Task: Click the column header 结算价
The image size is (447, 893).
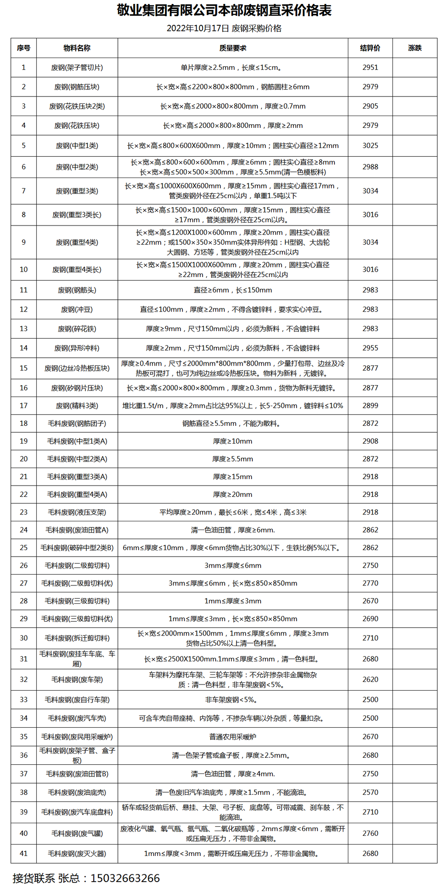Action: click(x=370, y=48)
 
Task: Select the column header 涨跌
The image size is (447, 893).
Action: click(x=415, y=48)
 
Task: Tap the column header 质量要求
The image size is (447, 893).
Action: click(x=233, y=48)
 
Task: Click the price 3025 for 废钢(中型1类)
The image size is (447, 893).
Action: click(x=370, y=146)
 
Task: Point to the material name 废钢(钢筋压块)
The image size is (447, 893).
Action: click(x=77, y=87)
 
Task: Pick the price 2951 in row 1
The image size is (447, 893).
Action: click(x=370, y=68)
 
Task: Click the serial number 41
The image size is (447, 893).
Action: click(x=24, y=853)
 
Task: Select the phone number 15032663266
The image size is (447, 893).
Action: click(x=125, y=878)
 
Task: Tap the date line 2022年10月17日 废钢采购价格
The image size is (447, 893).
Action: click(x=224, y=28)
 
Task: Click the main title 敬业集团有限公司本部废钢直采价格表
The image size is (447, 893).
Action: click(x=224, y=10)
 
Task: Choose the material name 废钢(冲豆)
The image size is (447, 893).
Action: click(x=77, y=309)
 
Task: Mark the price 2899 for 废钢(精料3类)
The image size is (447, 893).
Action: click(x=370, y=406)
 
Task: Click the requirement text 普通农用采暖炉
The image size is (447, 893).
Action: click(x=233, y=736)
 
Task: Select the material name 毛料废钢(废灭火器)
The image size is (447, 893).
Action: click(x=77, y=853)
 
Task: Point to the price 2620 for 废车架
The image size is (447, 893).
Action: click(x=370, y=679)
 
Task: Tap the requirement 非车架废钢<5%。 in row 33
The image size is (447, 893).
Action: click(x=233, y=699)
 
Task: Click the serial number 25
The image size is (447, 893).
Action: click(x=24, y=547)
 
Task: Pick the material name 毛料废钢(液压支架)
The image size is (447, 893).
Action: click(x=77, y=512)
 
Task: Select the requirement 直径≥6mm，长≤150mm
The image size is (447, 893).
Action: click(x=233, y=290)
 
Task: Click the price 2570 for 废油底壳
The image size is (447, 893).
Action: click(x=370, y=792)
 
